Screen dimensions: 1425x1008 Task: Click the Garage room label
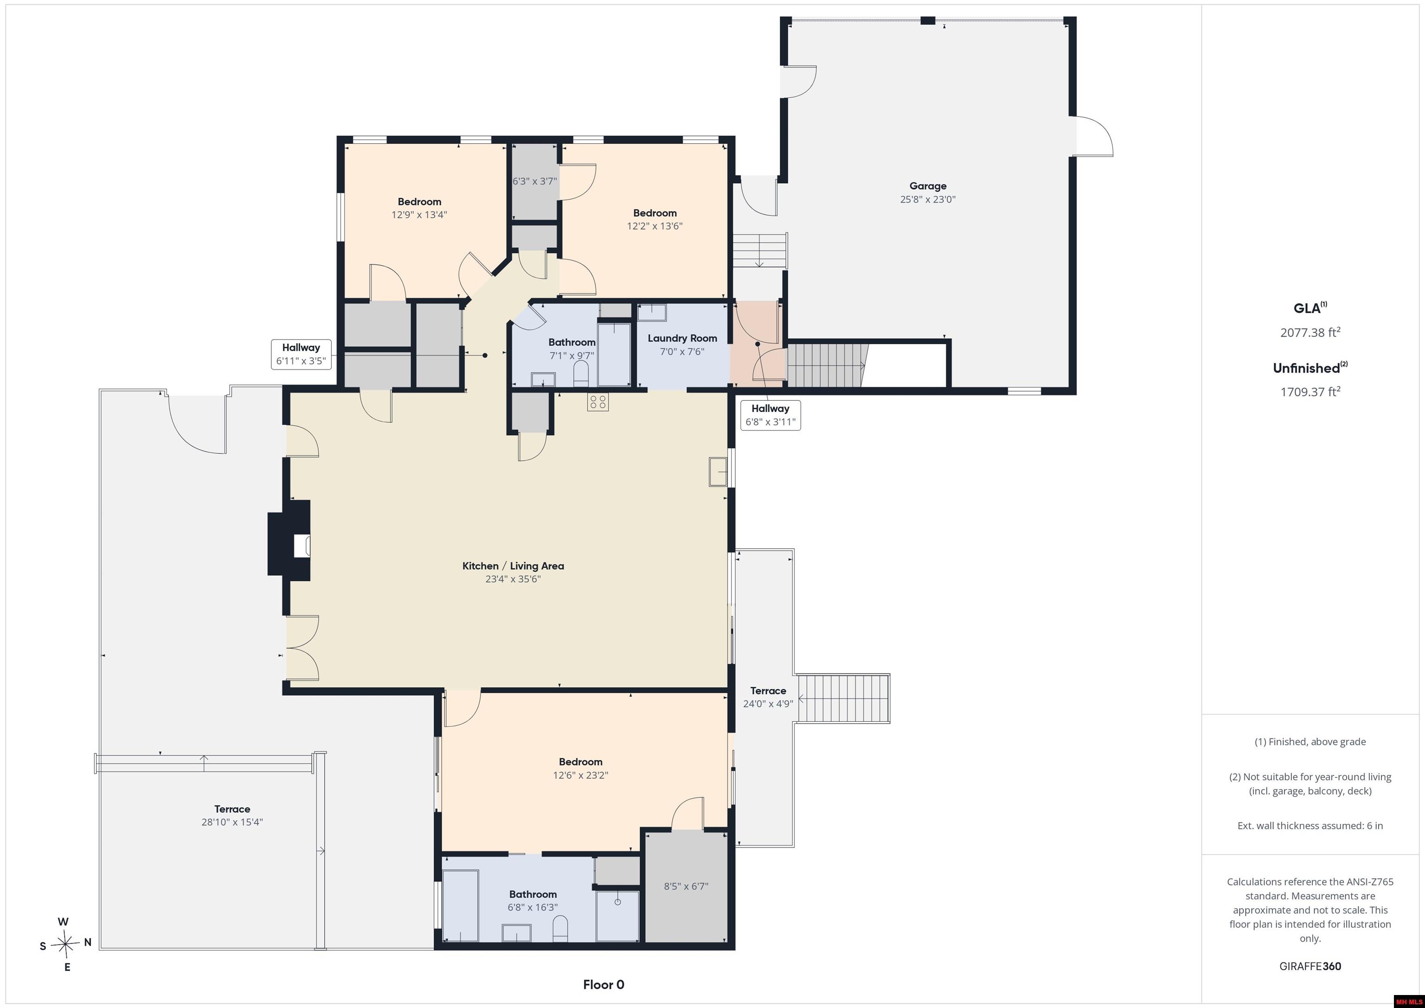click(x=928, y=186)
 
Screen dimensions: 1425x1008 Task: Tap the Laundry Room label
click(x=682, y=338)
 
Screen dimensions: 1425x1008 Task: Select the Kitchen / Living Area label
click(x=513, y=565)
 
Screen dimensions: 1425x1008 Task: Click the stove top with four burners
click(x=597, y=402)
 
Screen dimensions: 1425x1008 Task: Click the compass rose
click(x=65, y=944)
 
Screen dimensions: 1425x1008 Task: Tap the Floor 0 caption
click(x=603, y=984)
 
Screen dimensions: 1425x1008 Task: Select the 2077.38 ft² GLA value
click(x=1310, y=332)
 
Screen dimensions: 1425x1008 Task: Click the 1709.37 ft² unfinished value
click(x=1310, y=392)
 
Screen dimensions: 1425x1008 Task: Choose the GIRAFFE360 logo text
click(x=1310, y=966)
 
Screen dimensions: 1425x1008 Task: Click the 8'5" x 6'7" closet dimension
click(x=686, y=886)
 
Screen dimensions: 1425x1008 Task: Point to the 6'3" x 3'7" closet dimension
click(x=534, y=181)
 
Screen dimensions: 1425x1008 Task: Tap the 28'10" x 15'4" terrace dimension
click(x=232, y=822)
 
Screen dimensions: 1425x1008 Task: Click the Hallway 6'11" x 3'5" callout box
click(x=301, y=354)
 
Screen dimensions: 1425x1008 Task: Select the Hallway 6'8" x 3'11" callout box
click(x=770, y=415)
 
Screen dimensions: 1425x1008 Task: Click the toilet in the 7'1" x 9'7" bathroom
click(x=581, y=374)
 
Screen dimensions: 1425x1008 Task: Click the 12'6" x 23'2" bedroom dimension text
click(x=580, y=775)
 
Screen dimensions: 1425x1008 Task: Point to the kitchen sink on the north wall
click(x=718, y=472)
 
